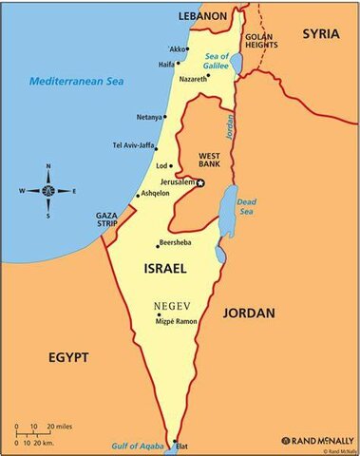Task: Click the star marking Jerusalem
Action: tap(200, 181)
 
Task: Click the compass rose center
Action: tap(47, 190)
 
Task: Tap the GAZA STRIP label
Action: tap(106, 220)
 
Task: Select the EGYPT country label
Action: tap(67, 357)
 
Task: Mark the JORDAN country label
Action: tap(249, 313)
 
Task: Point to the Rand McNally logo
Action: tap(316, 440)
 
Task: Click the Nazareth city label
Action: tap(193, 79)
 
